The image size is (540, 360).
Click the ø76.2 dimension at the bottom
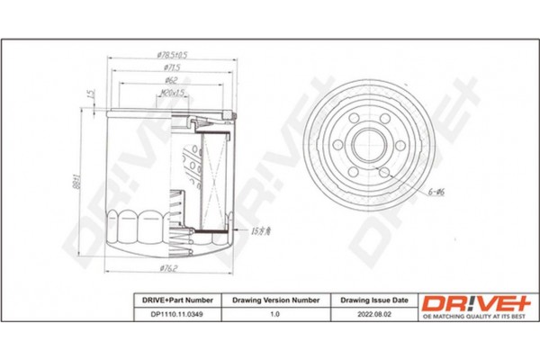[x=168, y=266]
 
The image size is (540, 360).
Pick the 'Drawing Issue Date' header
[x=373, y=299]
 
